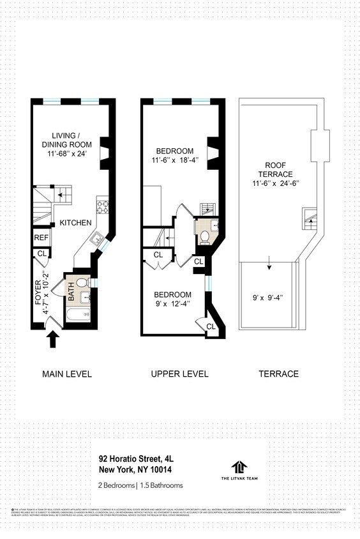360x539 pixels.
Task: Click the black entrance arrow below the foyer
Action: pos(53,340)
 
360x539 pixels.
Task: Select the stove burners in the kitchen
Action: pos(102,206)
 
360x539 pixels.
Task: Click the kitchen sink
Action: pos(97,239)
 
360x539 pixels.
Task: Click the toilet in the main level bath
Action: pos(81,282)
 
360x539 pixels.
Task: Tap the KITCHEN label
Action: pos(76,223)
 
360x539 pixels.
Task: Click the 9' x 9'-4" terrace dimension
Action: pos(266,296)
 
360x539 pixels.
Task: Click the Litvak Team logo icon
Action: pos(239,467)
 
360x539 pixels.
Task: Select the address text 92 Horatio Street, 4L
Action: pos(136,458)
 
